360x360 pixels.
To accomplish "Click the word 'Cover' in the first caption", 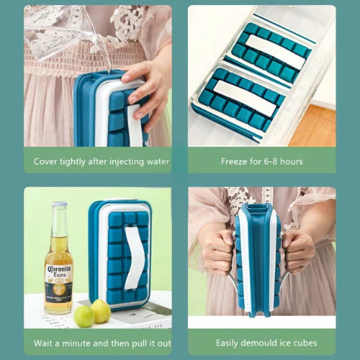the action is point(45,161).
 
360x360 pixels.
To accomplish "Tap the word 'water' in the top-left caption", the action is point(158,161).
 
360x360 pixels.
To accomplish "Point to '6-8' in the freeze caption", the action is point(271,161).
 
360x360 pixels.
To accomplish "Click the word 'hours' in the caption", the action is point(292,161).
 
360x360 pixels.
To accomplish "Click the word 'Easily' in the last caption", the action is point(227,343).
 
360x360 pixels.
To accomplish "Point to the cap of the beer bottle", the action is point(59,204).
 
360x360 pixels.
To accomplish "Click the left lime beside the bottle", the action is point(84,316).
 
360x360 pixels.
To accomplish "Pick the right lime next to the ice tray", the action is point(101,311).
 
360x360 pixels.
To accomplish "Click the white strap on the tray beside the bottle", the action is point(135,258).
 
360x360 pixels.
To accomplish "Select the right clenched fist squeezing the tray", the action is point(298,252).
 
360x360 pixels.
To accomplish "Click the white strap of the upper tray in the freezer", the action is point(275,52).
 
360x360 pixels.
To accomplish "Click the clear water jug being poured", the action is point(65,34).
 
